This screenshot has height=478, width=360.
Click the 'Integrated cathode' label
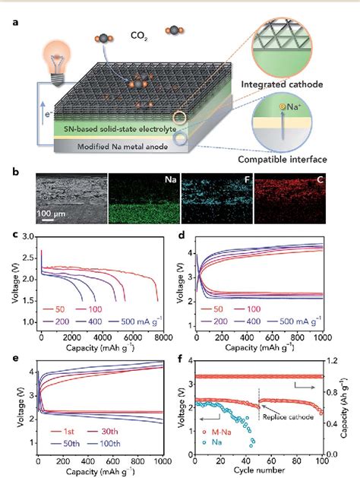(x=295, y=81)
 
